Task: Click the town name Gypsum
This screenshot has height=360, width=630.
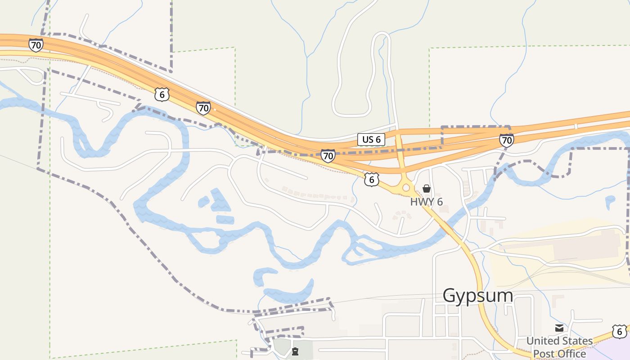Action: (x=477, y=296)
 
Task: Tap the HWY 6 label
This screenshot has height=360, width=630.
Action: (x=426, y=202)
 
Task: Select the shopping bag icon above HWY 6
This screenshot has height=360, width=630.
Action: (x=426, y=189)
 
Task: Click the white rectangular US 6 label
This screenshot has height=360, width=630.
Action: (x=371, y=139)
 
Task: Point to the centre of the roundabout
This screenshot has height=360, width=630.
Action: (x=406, y=188)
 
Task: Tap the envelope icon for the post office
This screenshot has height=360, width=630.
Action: (x=559, y=328)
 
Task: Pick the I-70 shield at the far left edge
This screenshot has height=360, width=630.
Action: (x=36, y=45)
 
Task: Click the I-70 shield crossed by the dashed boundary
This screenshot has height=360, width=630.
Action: (x=506, y=140)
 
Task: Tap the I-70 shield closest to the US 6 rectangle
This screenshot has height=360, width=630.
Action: (x=328, y=156)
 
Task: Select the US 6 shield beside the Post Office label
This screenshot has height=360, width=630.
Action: (x=619, y=332)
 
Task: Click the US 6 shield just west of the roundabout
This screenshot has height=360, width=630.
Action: (x=371, y=180)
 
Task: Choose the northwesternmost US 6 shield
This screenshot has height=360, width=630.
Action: (x=162, y=94)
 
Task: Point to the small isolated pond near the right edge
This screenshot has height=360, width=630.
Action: (x=610, y=200)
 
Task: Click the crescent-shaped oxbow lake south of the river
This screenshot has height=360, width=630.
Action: (x=288, y=290)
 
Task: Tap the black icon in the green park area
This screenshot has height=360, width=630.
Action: (x=295, y=351)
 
